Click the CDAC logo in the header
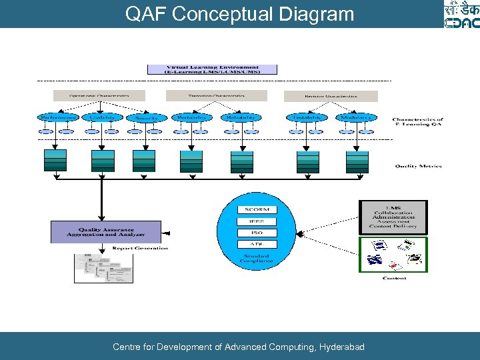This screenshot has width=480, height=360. coord(461,14)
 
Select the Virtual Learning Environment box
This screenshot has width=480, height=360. coord(212,69)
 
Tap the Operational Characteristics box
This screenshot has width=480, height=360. coord(99,96)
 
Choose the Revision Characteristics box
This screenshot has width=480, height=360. coord(331,96)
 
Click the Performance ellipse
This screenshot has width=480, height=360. coord(58,117)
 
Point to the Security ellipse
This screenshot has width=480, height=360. coord(146,117)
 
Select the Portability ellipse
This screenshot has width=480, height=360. coord(191,117)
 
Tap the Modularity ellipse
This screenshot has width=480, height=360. coord(355,117)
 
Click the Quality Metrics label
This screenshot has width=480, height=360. coord(418,166)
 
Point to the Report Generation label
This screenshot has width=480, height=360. coord(140,248)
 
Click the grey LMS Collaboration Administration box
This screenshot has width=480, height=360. coord(393,217)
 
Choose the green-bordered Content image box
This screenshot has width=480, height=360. coord(393,254)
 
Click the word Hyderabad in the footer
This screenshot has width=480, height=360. coord(342,347)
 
